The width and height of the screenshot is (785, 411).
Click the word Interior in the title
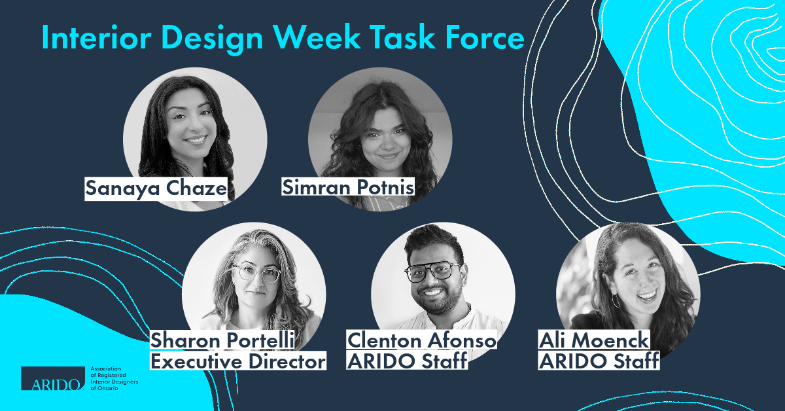(x=96, y=37)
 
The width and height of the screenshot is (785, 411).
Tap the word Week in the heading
(x=317, y=37)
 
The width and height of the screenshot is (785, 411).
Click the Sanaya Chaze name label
(x=156, y=188)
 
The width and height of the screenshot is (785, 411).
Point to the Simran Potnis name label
(x=348, y=187)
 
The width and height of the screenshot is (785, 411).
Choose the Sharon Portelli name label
(x=222, y=340)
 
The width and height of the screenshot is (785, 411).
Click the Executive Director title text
(x=238, y=361)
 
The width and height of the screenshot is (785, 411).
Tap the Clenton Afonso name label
(x=421, y=340)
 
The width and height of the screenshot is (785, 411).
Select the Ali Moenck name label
(x=594, y=340)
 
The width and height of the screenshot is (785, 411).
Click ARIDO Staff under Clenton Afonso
(x=407, y=361)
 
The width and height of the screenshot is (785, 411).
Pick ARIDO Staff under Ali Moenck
(x=599, y=361)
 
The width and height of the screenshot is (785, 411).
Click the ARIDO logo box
(x=53, y=378)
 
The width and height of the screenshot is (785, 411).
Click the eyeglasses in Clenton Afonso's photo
(x=433, y=271)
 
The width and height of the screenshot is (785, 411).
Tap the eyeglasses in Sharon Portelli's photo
(x=256, y=272)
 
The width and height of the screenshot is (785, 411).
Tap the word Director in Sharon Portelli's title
(x=287, y=361)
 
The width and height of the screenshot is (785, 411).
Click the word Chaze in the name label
(x=196, y=188)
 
